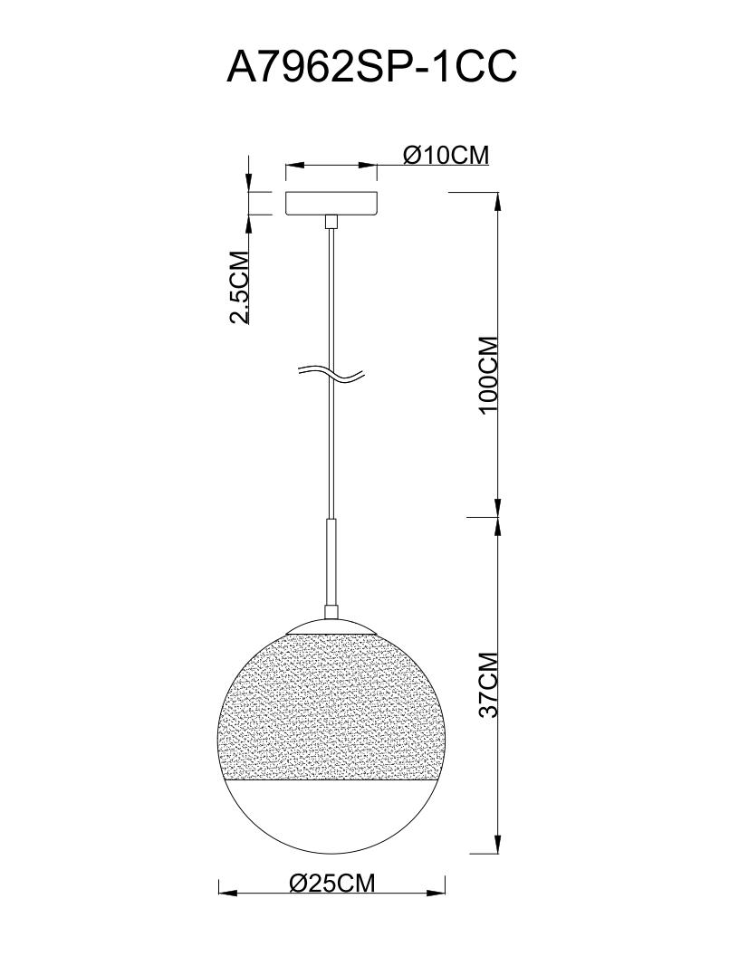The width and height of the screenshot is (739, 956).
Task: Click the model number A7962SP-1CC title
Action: (x=371, y=66)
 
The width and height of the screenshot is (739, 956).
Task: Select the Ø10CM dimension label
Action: (x=446, y=155)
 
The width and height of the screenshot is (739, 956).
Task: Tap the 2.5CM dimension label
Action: (x=239, y=287)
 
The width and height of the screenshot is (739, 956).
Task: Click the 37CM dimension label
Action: (x=488, y=685)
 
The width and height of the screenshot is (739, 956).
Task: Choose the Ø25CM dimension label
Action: (x=331, y=882)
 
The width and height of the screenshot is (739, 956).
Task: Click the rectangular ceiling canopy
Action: (x=331, y=203)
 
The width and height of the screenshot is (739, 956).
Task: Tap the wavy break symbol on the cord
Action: (x=331, y=376)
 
